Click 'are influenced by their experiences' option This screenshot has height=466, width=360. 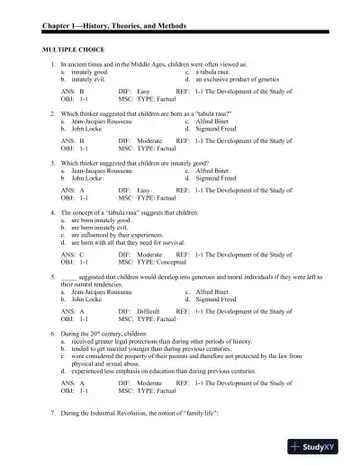click(112, 234)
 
